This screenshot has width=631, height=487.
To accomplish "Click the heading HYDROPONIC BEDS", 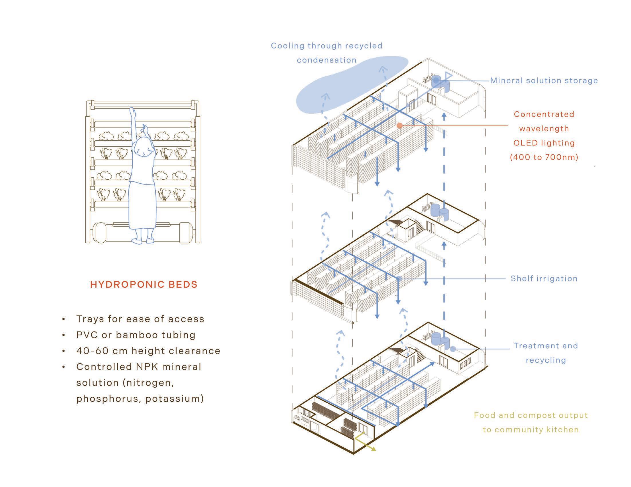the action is tap(144, 284).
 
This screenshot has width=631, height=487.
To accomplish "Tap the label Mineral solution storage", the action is tap(544, 80).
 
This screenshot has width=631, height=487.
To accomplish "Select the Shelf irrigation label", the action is tap(544, 278).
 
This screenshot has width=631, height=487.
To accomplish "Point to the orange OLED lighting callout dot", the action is tap(400, 125).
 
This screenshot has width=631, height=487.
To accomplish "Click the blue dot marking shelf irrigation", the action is tap(399, 279).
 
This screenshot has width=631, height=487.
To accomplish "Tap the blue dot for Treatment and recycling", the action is tap(453, 349).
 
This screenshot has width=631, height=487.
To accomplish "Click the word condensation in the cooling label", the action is tap(327, 60).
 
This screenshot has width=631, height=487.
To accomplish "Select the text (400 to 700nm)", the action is tap(544, 157).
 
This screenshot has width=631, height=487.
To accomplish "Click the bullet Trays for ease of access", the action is tap(140, 319).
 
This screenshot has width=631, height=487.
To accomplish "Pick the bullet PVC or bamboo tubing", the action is tap(136, 335).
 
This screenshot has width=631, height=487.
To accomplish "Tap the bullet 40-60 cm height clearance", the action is tap(148, 351).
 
